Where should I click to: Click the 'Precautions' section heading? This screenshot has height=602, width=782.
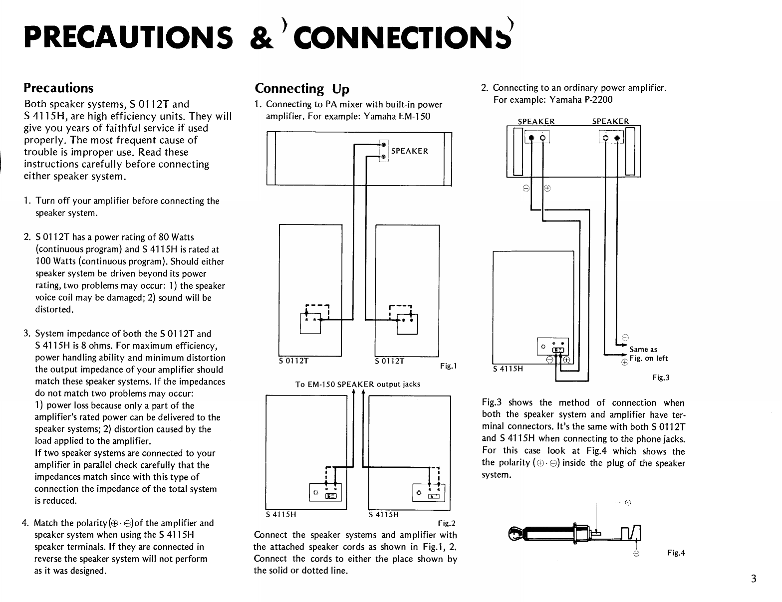58,88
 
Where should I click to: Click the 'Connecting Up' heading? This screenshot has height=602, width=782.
302,89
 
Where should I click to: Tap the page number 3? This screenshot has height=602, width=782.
753,579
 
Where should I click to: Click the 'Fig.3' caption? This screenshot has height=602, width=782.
661,378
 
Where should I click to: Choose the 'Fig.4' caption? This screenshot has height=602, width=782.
676,553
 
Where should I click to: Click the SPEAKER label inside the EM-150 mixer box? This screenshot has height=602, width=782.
410,151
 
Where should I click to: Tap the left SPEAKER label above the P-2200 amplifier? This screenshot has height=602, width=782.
536,121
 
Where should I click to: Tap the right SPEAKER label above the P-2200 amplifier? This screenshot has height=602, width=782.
610,121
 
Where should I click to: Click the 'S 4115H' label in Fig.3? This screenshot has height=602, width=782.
508,369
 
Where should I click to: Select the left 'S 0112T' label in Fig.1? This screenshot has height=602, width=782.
294,361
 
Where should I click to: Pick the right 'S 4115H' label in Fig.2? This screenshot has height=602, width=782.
383,515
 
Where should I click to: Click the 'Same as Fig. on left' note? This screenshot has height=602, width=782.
648,354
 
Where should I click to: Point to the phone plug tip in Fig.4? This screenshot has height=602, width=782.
514,535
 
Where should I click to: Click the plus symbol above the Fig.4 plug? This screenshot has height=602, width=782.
628,503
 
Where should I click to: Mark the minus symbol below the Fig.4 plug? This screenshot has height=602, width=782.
636,554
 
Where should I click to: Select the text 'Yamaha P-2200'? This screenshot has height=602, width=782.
580,100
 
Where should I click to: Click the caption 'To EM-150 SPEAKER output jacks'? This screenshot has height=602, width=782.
358,384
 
